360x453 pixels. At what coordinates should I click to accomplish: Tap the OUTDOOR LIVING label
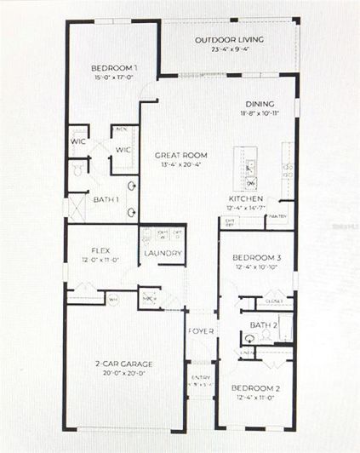pyautogui.click(x=229, y=40)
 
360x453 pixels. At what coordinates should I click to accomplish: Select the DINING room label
pyautogui.click(x=260, y=105)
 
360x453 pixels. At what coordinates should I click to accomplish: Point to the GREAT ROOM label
pyautogui.click(x=180, y=155)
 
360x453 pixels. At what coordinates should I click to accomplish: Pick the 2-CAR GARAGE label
pyautogui.click(x=124, y=364)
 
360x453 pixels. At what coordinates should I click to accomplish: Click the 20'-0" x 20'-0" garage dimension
pyautogui.click(x=124, y=373)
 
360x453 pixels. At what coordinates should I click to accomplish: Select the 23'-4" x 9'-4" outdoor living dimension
pyautogui.click(x=229, y=49)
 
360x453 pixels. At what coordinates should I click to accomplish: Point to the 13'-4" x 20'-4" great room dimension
pyautogui.click(x=180, y=164)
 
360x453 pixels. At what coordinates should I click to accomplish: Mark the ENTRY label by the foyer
pyautogui.click(x=200, y=377)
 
